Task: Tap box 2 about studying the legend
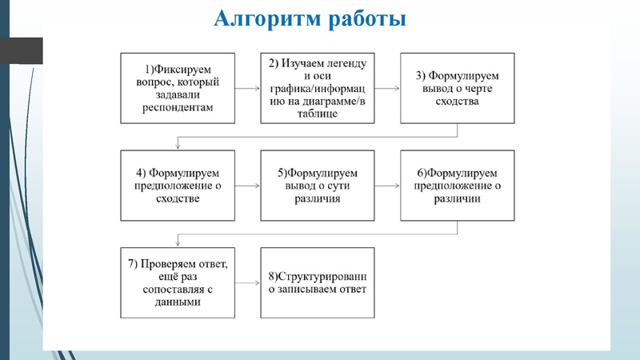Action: pyautogui.click(x=317, y=88)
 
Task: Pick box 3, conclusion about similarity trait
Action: pyautogui.click(x=457, y=88)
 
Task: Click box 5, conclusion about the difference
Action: pyautogui.click(x=317, y=185)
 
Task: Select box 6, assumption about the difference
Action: pyautogui.click(x=457, y=185)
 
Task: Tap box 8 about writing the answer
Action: pyautogui.click(x=317, y=283)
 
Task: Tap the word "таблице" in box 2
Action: pyautogui.click(x=317, y=114)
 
